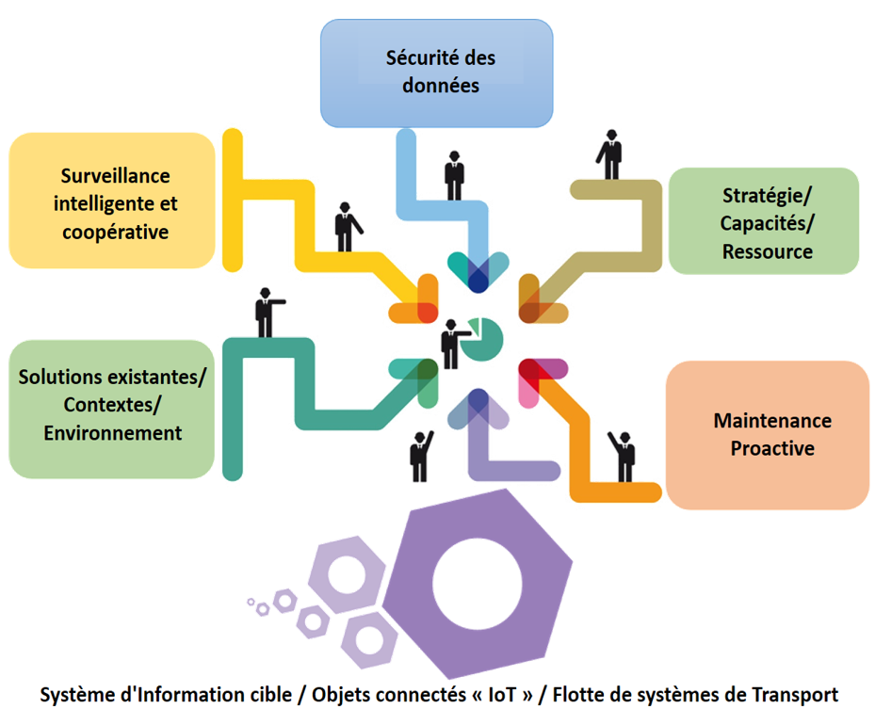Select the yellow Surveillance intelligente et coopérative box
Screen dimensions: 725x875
tap(113, 201)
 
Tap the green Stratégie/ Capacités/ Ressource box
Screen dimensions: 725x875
tap(764, 222)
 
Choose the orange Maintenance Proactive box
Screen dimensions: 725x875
tap(768, 434)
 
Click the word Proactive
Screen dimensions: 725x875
tap(772, 448)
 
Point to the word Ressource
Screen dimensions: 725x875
tap(768, 251)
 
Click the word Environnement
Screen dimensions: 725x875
tap(112, 433)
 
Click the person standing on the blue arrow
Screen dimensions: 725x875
tap(455, 173)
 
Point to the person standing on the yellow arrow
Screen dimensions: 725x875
tap(347, 226)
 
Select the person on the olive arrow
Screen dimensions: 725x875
tap(611, 154)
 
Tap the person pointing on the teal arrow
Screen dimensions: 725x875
tap(266, 312)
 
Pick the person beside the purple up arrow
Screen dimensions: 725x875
tap(420, 456)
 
